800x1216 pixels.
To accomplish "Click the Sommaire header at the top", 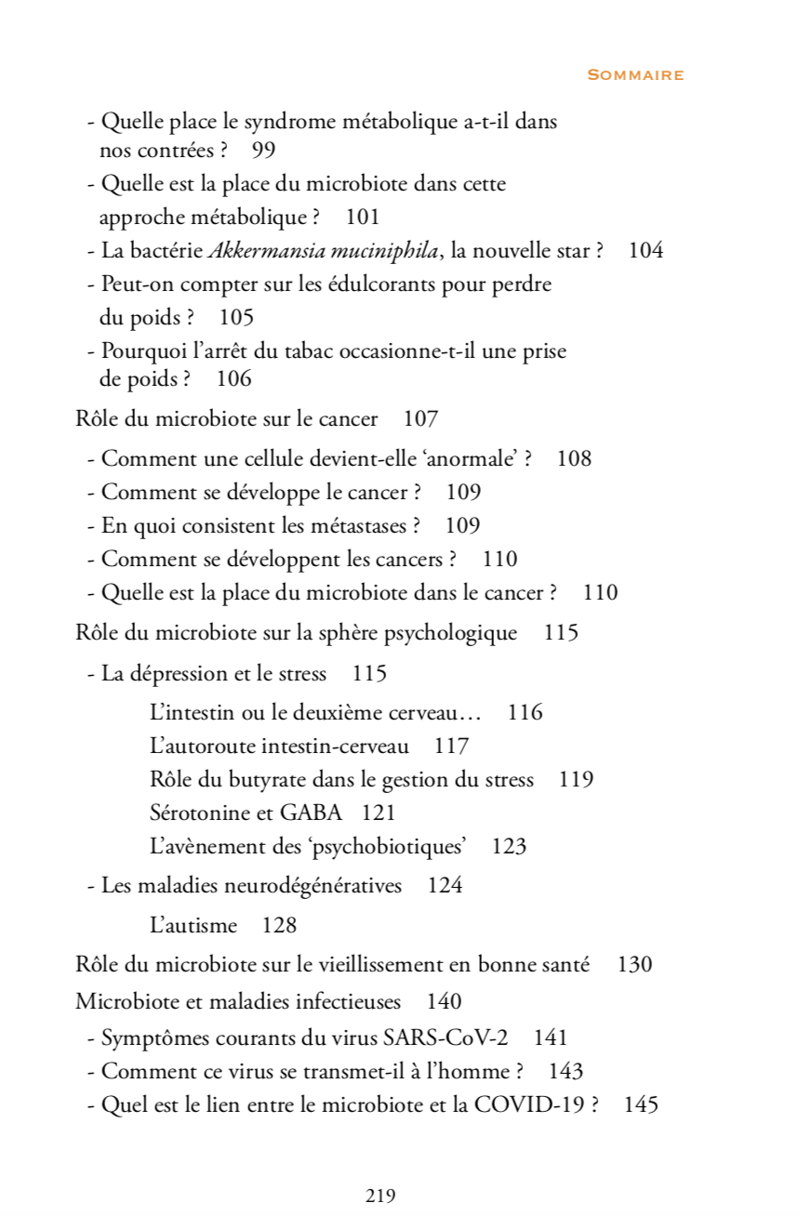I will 635,75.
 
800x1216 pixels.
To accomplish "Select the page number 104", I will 646,250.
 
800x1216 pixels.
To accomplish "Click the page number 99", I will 263,150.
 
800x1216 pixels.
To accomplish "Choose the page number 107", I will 420,418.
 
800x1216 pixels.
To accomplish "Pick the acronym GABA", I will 311,813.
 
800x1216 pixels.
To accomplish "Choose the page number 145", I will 641,1104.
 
